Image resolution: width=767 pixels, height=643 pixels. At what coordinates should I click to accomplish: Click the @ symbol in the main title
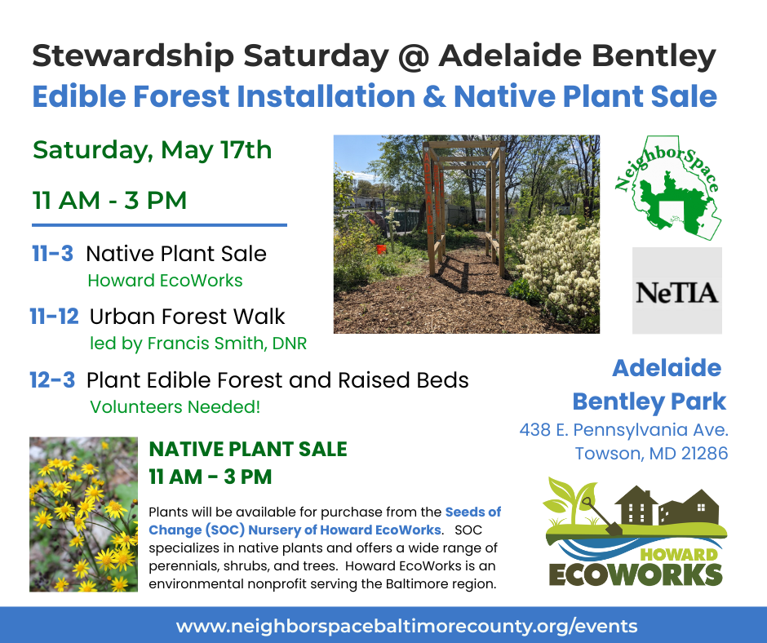[414, 56]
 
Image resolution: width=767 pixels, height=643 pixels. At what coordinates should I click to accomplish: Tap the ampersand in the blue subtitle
[434, 96]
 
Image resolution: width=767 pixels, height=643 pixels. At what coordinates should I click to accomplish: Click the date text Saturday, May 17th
[152, 150]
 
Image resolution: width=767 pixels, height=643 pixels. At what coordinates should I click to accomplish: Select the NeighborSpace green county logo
[668, 188]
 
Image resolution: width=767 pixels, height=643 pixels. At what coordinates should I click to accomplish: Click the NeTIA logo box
[677, 290]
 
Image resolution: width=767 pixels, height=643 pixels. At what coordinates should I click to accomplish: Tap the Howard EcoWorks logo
[635, 531]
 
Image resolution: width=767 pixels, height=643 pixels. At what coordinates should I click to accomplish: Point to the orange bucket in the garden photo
[381, 249]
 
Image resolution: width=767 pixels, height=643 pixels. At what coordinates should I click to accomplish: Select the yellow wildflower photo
[84, 514]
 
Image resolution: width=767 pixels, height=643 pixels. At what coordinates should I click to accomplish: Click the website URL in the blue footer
[407, 626]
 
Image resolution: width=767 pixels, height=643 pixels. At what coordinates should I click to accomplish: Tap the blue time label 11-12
[55, 316]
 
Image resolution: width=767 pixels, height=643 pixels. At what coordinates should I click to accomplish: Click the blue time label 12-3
[52, 379]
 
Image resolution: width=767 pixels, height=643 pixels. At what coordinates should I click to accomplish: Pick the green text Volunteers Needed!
[175, 406]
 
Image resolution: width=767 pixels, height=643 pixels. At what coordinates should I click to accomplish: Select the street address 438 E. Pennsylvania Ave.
[623, 430]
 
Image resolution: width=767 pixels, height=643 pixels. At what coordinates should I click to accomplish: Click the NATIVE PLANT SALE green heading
[248, 450]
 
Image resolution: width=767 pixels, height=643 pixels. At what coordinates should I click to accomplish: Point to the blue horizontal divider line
[159, 225]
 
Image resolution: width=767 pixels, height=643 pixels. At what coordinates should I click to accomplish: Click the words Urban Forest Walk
[188, 317]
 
